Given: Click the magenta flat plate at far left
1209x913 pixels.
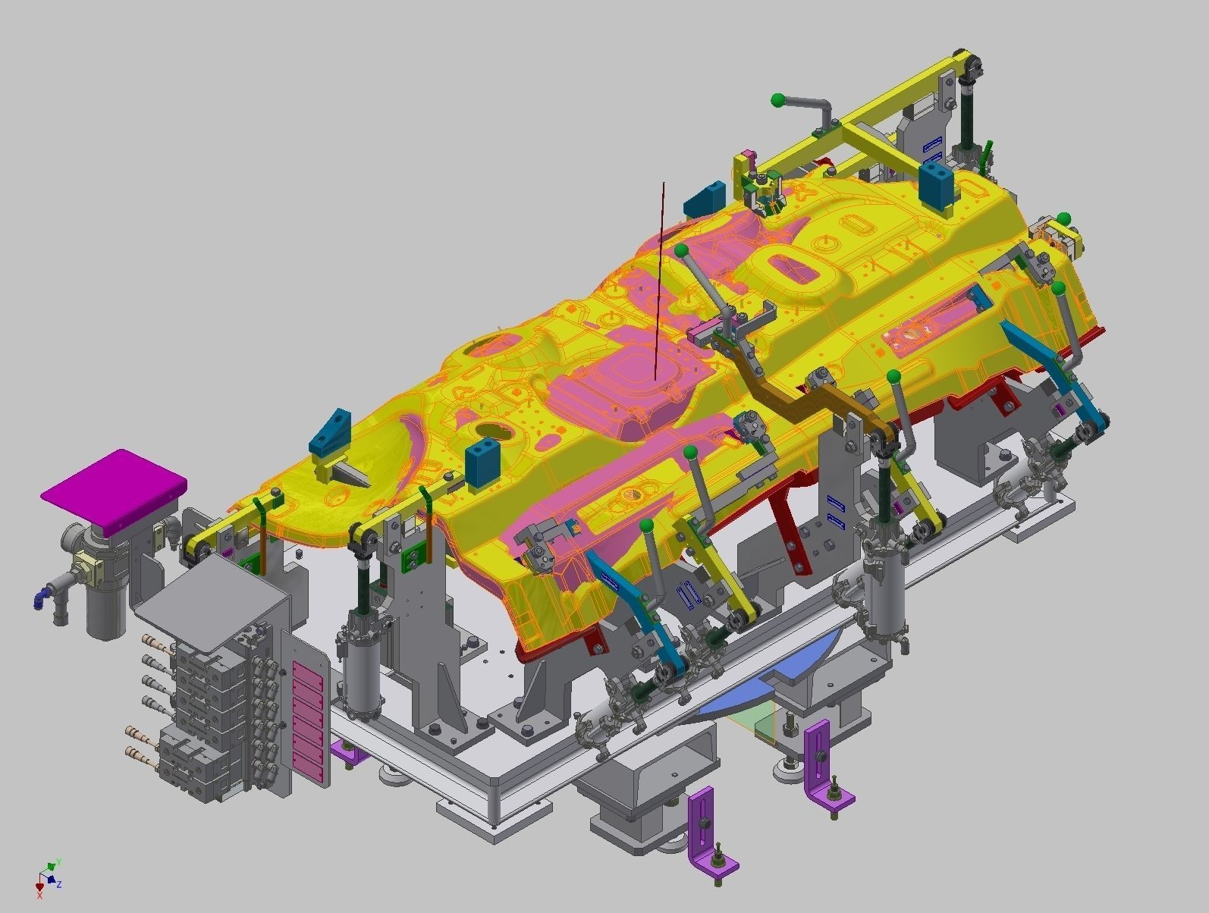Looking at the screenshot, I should click(x=114, y=488).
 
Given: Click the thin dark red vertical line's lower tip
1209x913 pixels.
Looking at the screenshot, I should click(x=655, y=377).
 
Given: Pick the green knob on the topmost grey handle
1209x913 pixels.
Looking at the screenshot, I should click(x=777, y=99).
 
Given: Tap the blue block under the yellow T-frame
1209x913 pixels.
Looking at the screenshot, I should click(x=937, y=184).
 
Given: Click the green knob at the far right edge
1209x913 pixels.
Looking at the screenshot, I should click(x=1063, y=218).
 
